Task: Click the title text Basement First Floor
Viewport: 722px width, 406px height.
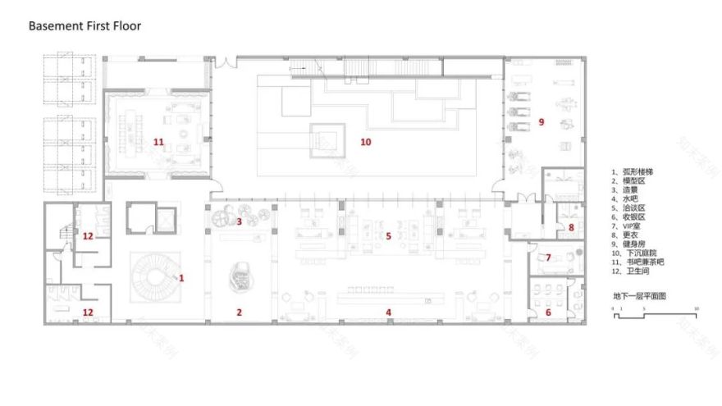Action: [x=85, y=26]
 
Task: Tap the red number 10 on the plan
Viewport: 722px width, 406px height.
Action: [x=366, y=142]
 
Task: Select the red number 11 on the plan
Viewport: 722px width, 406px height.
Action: [x=158, y=142]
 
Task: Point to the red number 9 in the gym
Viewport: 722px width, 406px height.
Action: [x=541, y=121]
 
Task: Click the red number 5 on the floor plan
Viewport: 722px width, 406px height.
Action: [x=389, y=235]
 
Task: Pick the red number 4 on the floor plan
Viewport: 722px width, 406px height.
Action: [x=389, y=312]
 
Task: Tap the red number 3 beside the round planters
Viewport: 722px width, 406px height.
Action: [x=239, y=221]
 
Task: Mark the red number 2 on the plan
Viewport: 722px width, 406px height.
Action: [x=239, y=312]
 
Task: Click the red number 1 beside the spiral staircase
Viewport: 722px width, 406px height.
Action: [x=181, y=278]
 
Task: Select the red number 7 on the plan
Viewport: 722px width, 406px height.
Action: [x=548, y=258]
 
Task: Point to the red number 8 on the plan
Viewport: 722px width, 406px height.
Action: [x=571, y=227]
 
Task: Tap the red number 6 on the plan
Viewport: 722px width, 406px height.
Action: [x=548, y=312]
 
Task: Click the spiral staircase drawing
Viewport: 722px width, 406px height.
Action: [x=155, y=280]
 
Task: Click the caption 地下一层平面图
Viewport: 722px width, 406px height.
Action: [x=639, y=294]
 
